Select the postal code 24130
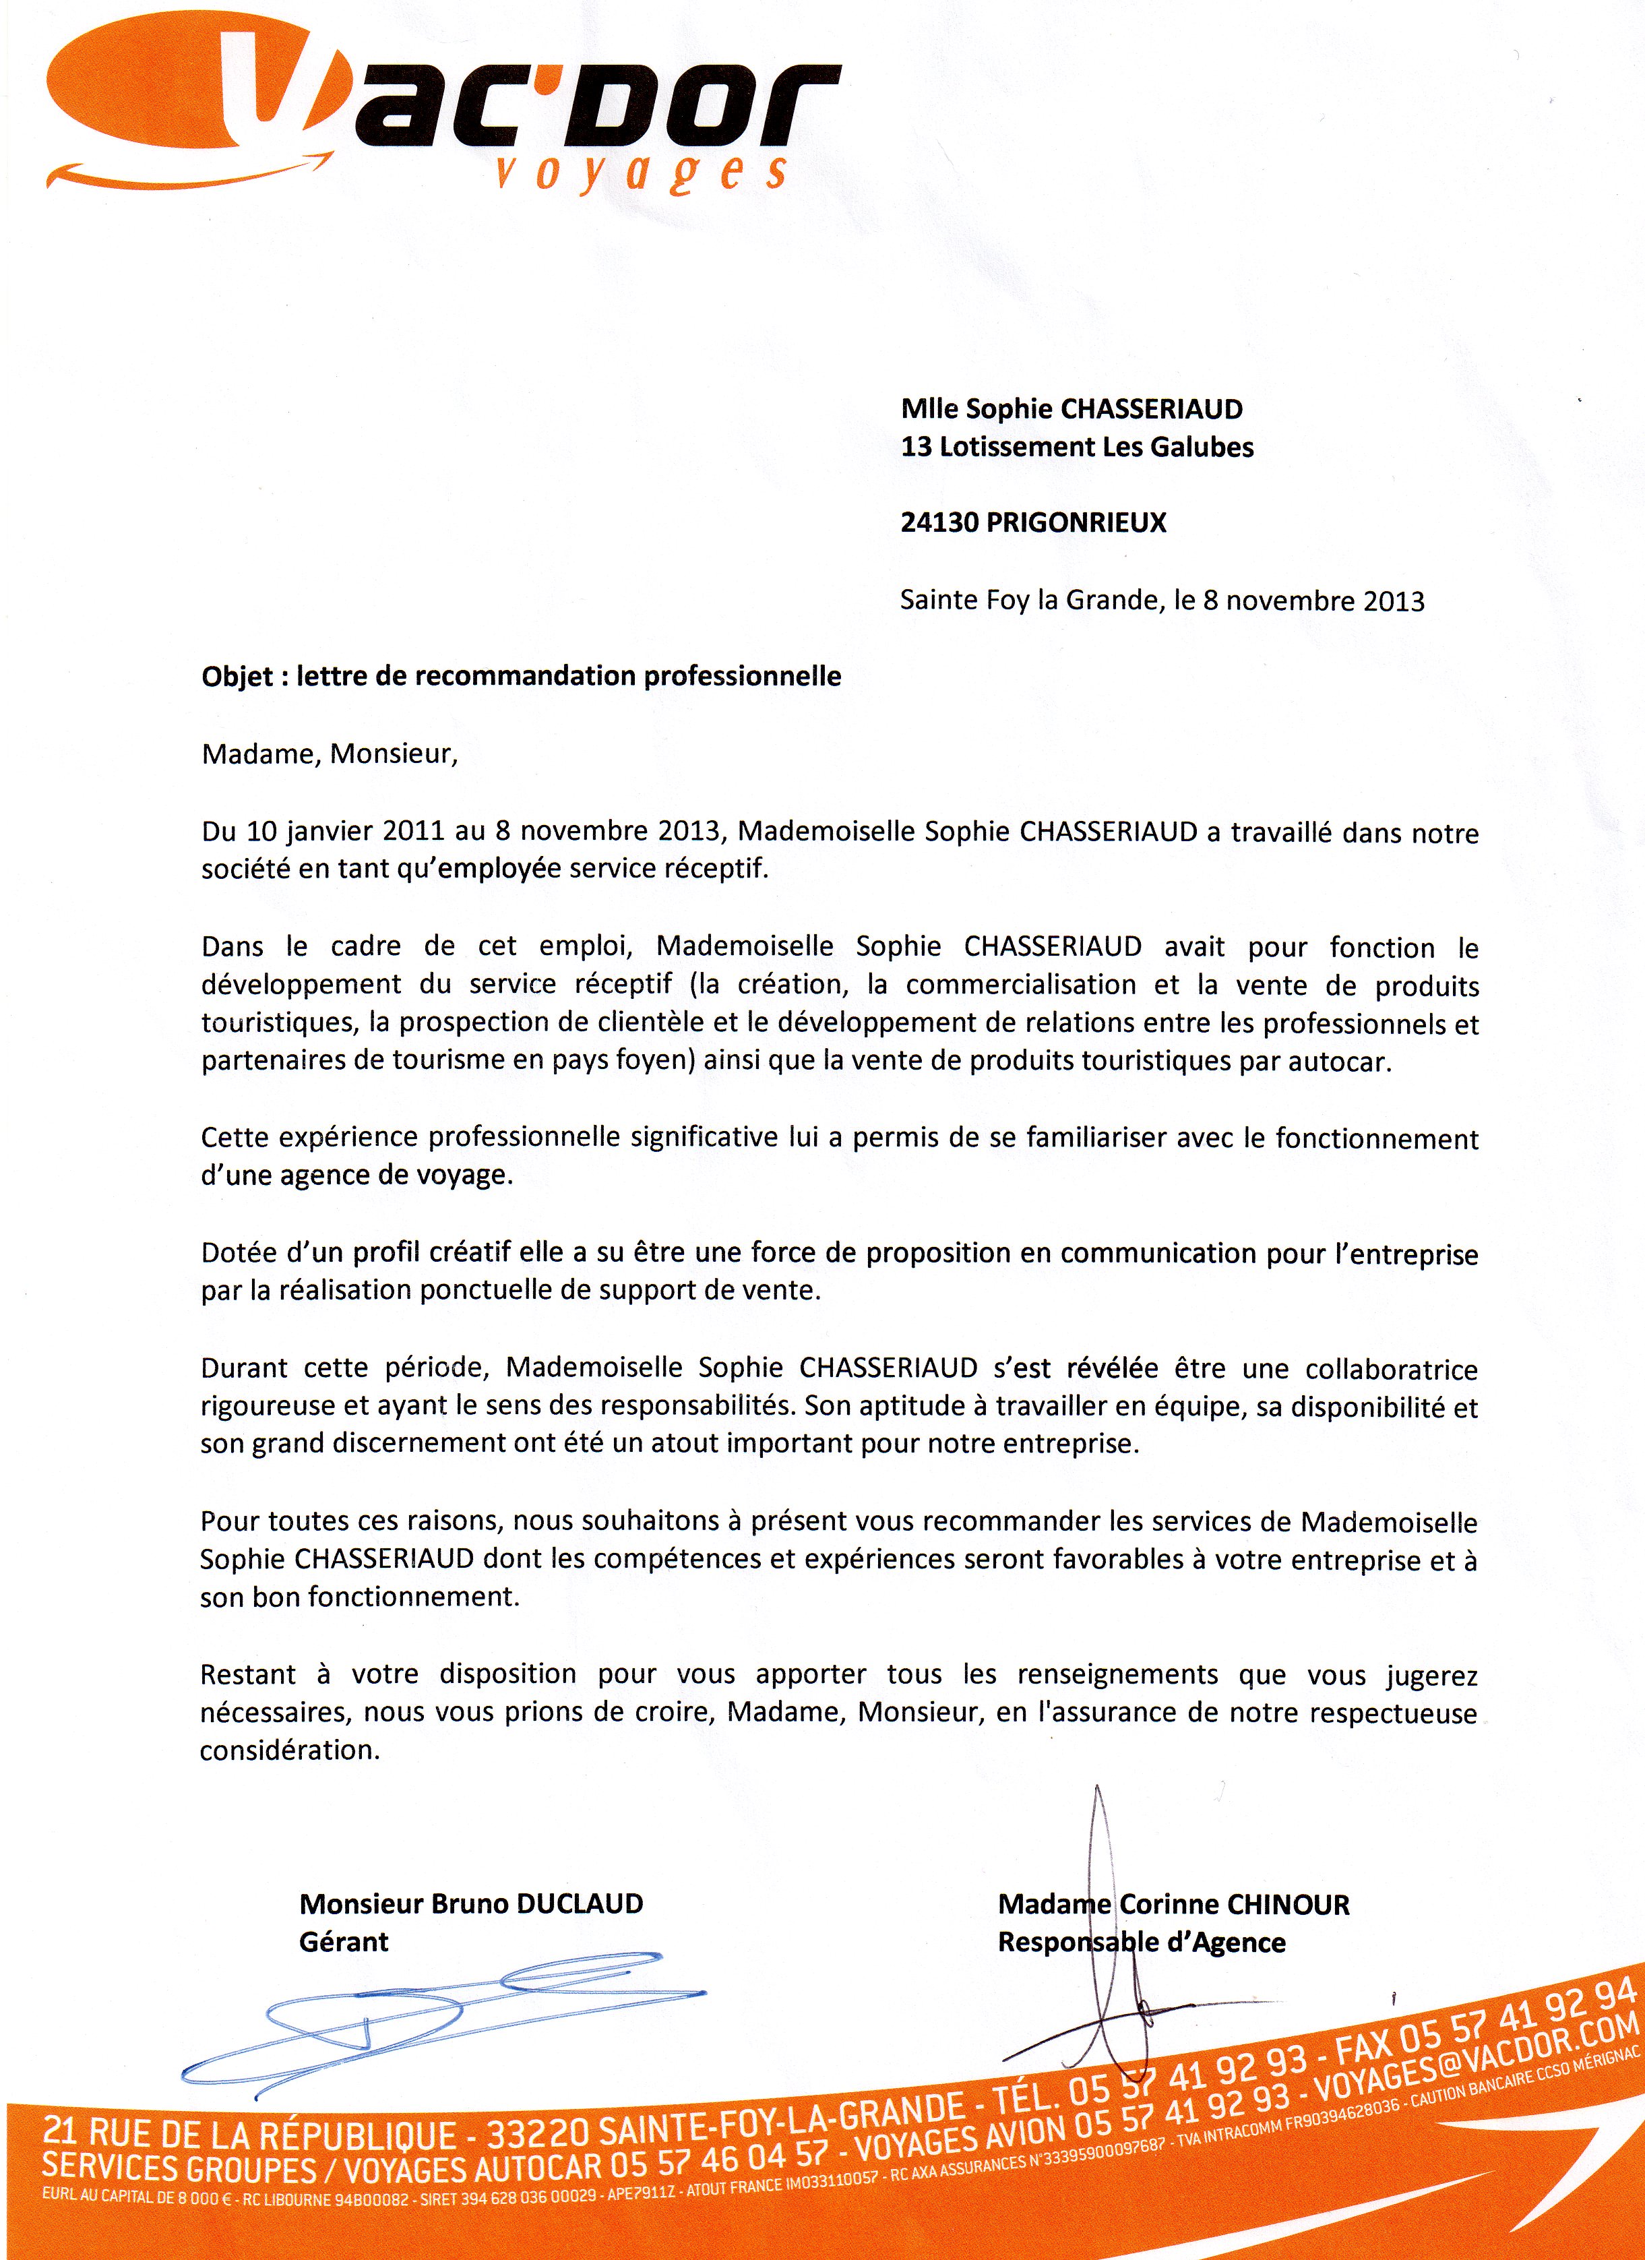(939, 523)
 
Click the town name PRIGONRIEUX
(1076, 523)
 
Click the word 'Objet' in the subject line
(237, 677)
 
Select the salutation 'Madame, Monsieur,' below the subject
(330, 754)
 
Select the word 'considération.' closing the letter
(290, 1751)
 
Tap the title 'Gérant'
(344, 1942)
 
